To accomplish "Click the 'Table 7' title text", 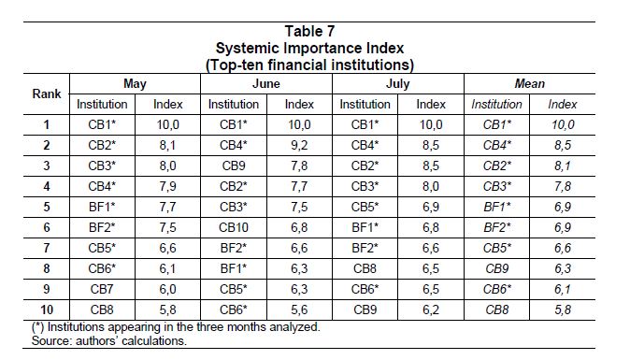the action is pos(309,31).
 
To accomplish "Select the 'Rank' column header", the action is pos(47,94).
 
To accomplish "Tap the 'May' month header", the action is pos(135,84).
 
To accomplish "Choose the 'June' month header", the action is pos(266,83).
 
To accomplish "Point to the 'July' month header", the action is pos(398,84).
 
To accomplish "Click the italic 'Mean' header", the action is pos(530,83).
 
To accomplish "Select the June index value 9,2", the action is pos(299,145).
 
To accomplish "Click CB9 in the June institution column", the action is pos(234,166).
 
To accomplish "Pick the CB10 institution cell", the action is pos(234,227).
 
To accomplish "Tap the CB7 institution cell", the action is pos(102,289).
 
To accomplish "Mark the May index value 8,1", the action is pos(167,145).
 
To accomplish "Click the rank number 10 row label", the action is pos(47,310).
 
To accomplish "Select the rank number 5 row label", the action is pos(47,207).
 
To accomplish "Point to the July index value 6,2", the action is pos(431,310).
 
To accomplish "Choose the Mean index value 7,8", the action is pos(563,186).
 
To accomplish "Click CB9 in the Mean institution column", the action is pos(497,268).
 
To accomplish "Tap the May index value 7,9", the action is pos(167,186).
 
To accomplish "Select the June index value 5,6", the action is pos(299,310).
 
